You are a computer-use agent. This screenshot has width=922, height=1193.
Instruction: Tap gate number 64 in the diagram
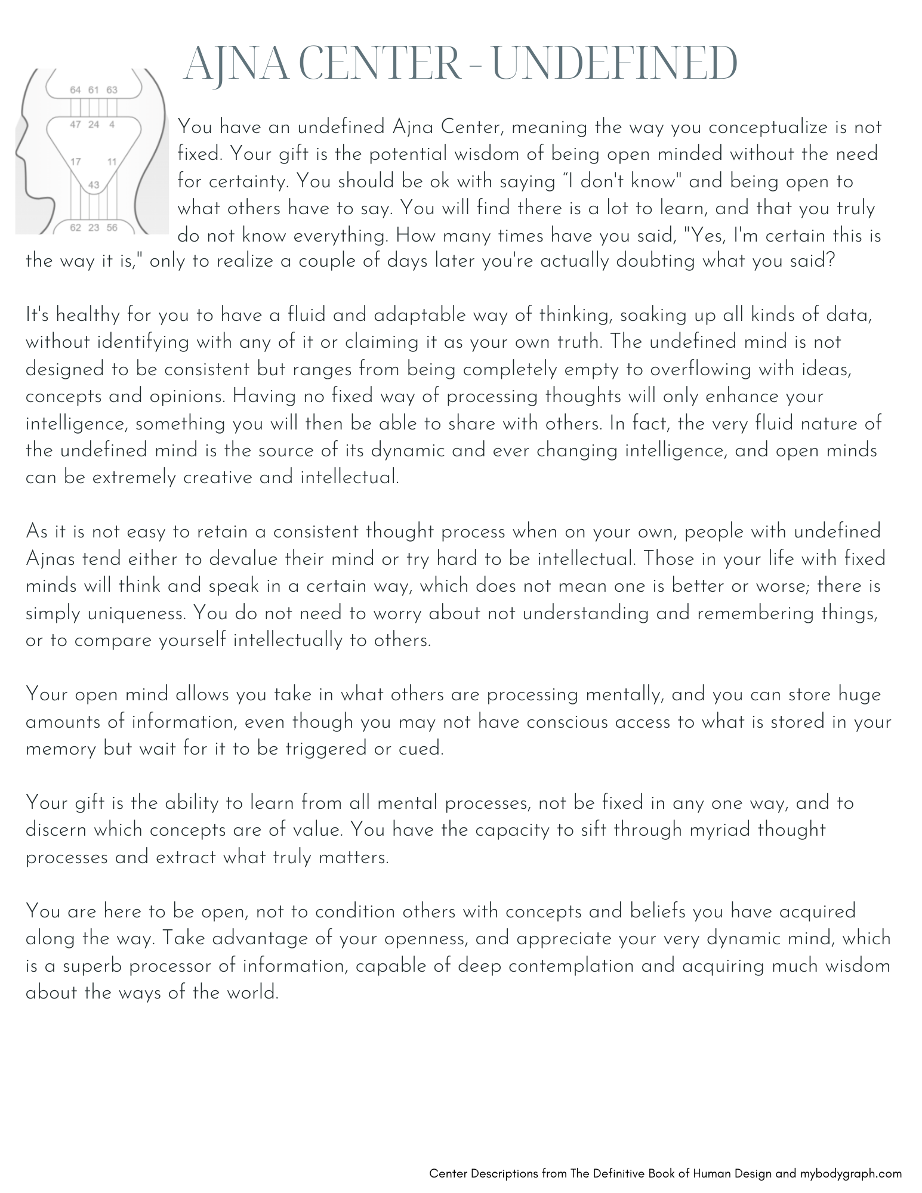[x=76, y=90]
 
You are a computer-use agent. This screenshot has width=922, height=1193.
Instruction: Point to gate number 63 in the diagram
[x=112, y=90]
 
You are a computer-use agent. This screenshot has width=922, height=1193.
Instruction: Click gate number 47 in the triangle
[x=76, y=125]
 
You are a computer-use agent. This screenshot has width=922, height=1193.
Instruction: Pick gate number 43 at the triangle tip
[x=94, y=186]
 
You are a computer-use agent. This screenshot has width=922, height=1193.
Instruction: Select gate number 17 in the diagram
[x=76, y=162]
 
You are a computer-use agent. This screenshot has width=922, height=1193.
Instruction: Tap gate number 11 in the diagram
[x=112, y=162]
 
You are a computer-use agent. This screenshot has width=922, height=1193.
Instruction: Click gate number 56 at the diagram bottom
[x=112, y=227]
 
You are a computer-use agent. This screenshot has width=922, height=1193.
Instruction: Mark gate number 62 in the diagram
[x=76, y=227]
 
